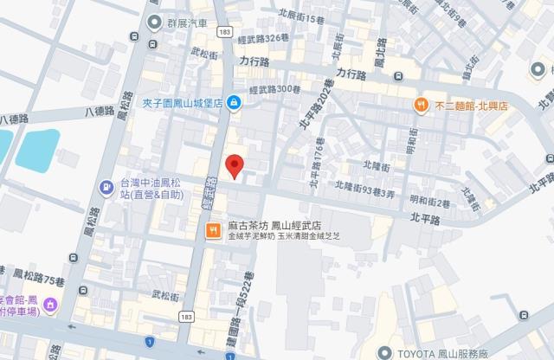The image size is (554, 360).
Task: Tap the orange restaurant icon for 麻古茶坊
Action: pos(211,231)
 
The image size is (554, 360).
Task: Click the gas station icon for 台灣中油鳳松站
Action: pos(106,185)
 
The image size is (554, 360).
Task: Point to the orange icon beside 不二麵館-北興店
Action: pos(422,104)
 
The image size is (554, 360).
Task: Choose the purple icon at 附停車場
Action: pos(51,304)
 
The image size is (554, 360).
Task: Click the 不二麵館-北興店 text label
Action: pos(471,105)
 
